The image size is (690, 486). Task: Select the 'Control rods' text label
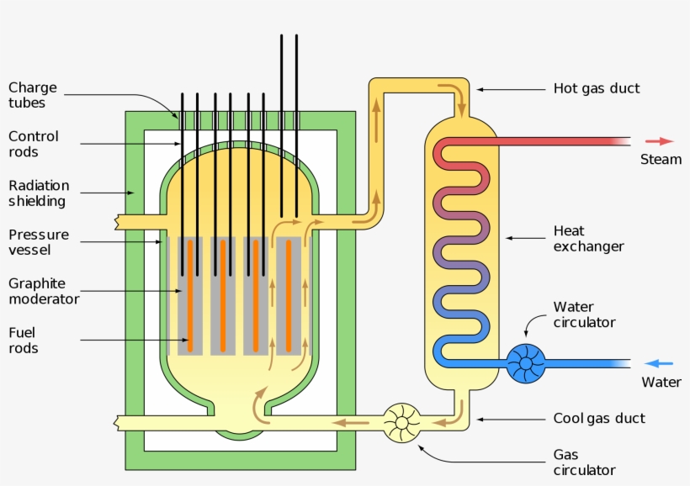pyautogui.click(x=34, y=144)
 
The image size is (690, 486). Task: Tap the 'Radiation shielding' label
pyautogui.click(x=39, y=193)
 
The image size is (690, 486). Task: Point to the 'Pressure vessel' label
pyautogui.click(x=39, y=242)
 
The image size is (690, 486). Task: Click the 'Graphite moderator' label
pyautogui.click(x=44, y=291)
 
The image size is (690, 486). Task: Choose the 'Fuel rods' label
pyautogui.click(x=24, y=340)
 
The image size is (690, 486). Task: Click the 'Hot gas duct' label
pyautogui.click(x=596, y=88)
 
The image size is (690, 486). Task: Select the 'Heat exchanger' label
pyautogui.click(x=588, y=238)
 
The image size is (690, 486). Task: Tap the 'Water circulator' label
pyautogui.click(x=584, y=314)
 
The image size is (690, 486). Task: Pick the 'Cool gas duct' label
pyautogui.click(x=599, y=418)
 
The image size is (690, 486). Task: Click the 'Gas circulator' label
pyautogui.click(x=584, y=462)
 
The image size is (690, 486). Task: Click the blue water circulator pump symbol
pyautogui.click(x=526, y=364)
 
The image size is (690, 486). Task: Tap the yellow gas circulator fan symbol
pyautogui.click(x=402, y=422)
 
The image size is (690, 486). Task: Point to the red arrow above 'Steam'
pyautogui.click(x=660, y=141)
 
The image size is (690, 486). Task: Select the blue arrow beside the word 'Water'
pyautogui.click(x=659, y=363)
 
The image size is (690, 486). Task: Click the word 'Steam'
pyautogui.click(x=661, y=160)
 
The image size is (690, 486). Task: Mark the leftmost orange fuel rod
pyautogui.click(x=190, y=295)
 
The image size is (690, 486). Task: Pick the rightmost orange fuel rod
pyautogui.click(x=289, y=295)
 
